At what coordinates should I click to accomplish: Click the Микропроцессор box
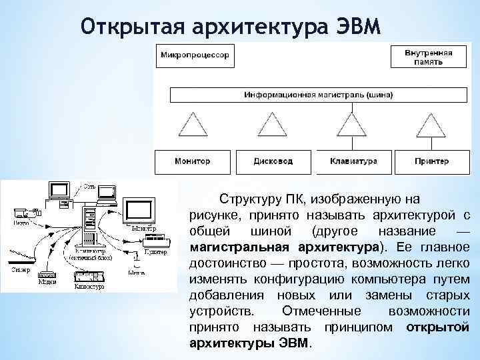pyautogui.click(x=194, y=55)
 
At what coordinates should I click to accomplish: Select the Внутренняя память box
pyautogui.click(x=428, y=55)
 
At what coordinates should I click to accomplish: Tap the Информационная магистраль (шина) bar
pyautogui.click(x=318, y=95)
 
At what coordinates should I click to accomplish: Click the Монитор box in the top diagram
pyautogui.click(x=192, y=161)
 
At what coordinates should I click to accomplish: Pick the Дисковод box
pyautogui.click(x=273, y=161)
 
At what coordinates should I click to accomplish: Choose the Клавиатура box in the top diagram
pyautogui.click(x=353, y=161)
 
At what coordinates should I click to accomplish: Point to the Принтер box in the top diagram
pyautogui.click(x=431, y=161)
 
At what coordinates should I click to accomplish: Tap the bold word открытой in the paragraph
pyautogui.click(x=437, y=328)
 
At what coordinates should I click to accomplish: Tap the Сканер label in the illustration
pyautogui.click(x=18, y=270)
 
